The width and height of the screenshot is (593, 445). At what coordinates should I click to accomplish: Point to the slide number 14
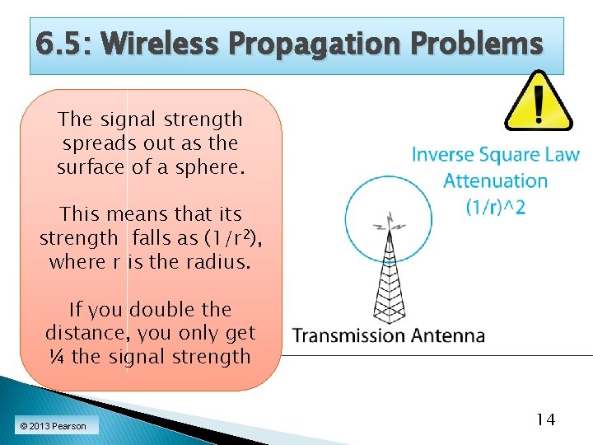click(544, 419)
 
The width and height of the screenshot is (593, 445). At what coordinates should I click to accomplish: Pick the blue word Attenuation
click(495, 180)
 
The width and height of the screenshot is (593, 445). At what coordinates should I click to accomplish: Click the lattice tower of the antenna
click(388, 280)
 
